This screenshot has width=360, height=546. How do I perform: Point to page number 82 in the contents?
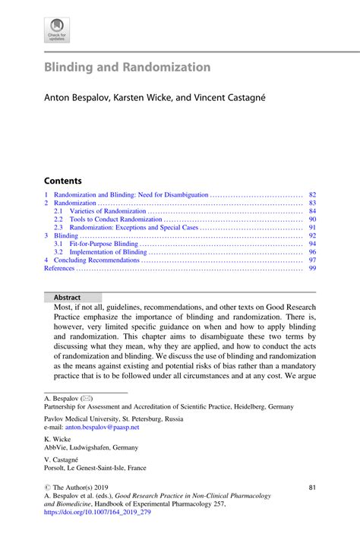pos(311,195)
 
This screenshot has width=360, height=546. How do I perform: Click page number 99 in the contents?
pos(311,269)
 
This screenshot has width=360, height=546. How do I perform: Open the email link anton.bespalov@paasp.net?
pos(106,427)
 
